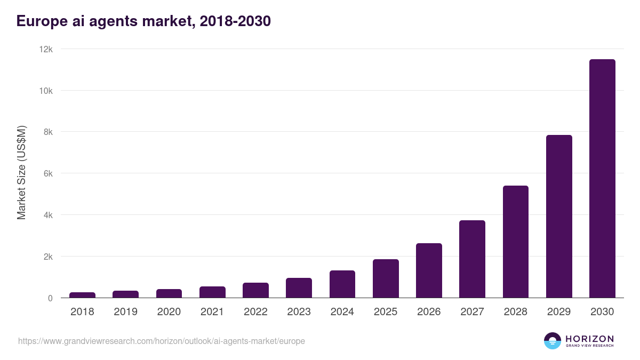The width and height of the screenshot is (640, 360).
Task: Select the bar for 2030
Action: click(602, 179)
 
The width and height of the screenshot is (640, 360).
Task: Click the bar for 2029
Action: click(559, 217)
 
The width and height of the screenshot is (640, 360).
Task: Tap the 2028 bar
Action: click(515, 242)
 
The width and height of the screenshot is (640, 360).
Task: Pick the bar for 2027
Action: click(472, 259)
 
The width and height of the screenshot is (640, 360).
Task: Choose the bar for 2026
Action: click(429, 270)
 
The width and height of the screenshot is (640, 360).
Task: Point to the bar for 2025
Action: click(386, 278)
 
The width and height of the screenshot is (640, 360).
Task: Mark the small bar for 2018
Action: click(82, 295)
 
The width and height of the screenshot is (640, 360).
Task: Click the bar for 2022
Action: click(255, 290)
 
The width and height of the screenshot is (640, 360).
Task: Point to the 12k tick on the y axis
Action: click(46, 49)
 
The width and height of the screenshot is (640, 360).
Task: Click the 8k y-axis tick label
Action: click(47, 132)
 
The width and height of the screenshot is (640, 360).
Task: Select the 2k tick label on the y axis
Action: click(47, 257)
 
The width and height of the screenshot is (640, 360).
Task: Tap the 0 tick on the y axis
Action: click(50, 298)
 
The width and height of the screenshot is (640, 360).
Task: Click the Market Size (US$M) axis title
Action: click(21, 173)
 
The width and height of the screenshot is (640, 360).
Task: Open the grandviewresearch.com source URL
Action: click(162, 341)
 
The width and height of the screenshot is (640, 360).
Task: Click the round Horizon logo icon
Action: click(552, 341)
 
